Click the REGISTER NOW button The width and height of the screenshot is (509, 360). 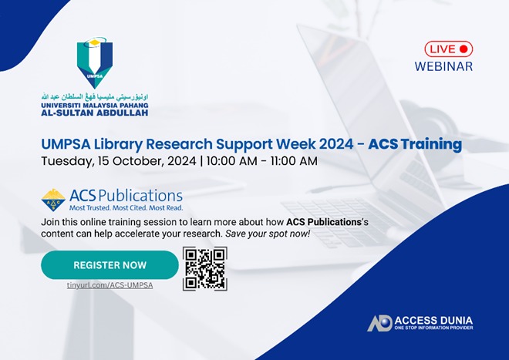pyautogui.click(x=110, y=265)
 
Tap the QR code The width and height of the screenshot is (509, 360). pyautogui.click(x=204, y=268)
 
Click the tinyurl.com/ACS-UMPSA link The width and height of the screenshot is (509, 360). pyautogui.click(x=110, y=285)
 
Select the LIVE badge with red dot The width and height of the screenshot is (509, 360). pyautogui.click(x=448, y=49)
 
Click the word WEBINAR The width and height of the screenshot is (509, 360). pyautogui.click(x=443, y=66)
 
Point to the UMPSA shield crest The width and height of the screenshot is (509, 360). pyautogui.click(x=94, y=63)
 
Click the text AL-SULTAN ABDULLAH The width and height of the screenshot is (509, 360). pyautogui.click(x=94, y=111)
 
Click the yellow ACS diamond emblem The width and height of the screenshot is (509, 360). pyautogui.click(x=53, y=200)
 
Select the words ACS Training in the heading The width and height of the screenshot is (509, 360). pyautogui.click(x=414, y=144)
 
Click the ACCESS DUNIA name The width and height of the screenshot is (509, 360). pyautogui.click(x=433, y=319)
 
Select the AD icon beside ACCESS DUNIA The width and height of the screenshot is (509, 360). pyautogui.click(x=379, y=323)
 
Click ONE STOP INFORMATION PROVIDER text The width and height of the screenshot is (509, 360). pyautogui.click(x=433, y=328)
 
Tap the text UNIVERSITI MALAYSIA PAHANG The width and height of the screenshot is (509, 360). pyautogui.click(x=94, y=103)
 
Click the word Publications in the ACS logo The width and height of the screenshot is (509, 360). pyautogui.click(x=142, y=195)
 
